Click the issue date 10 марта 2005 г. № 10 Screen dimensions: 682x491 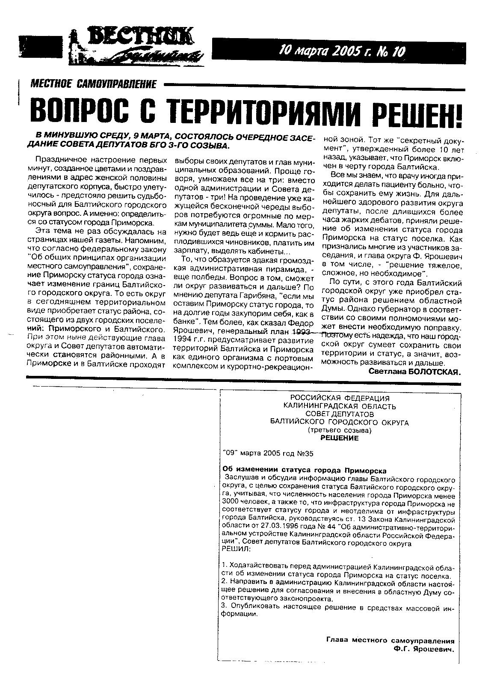click(341, 51)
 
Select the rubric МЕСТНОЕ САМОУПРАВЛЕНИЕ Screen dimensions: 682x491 click(94, 84)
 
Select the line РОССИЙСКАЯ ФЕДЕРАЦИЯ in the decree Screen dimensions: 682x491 click(340, 399)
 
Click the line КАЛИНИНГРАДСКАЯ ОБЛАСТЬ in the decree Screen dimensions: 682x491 click(340, 406)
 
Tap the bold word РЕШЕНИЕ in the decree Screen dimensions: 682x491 click(340, 438)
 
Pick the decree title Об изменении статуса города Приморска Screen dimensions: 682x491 click(305, 470)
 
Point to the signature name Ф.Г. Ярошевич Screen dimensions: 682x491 click(424, 649)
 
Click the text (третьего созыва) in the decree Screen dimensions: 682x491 click(340, 430)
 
